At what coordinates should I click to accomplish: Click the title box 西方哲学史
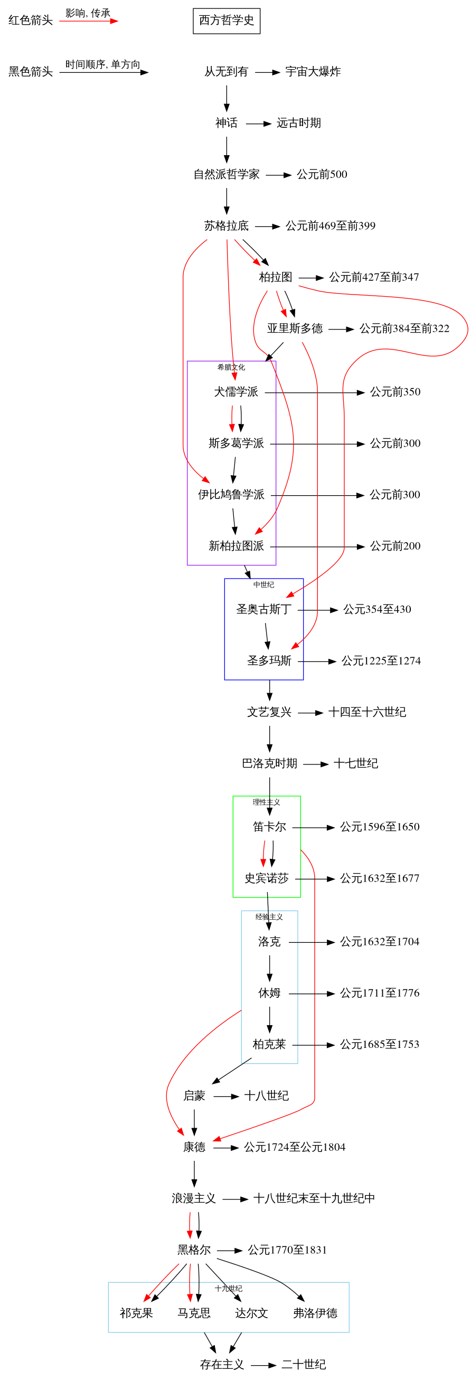[x=227, y=21]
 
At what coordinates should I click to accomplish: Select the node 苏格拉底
[x=227, y=226]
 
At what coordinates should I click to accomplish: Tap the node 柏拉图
[x=276, y=277]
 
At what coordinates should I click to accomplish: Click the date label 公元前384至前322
[x=404, y=329]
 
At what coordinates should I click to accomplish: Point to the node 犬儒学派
[x=236, y=392]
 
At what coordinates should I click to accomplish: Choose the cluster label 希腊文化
[x=231, y=367]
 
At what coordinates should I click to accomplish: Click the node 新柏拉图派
[x=236, y=546]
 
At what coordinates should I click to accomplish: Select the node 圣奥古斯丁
[x=264, y=609]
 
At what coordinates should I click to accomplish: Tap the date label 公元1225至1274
[x=381, y=660]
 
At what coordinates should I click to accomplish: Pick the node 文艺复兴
[x=269, y=712]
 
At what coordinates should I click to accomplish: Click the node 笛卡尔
[x=269, y=827]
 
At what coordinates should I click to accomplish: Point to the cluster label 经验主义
[x=269, y=917]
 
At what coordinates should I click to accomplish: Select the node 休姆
[x=269, y=993]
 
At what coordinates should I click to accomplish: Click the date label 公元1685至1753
[x=380, y=1044]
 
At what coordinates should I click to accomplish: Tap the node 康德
[x=194, y=1147]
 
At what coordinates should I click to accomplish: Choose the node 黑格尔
[x=194, y=1250]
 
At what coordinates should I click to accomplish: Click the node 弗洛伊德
[x=315, y=1313]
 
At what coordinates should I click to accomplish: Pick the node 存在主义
[x=222, y=1365]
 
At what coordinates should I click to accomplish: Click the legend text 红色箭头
[x=31, y=21]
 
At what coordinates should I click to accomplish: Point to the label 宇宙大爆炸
[x=313, y=71]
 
